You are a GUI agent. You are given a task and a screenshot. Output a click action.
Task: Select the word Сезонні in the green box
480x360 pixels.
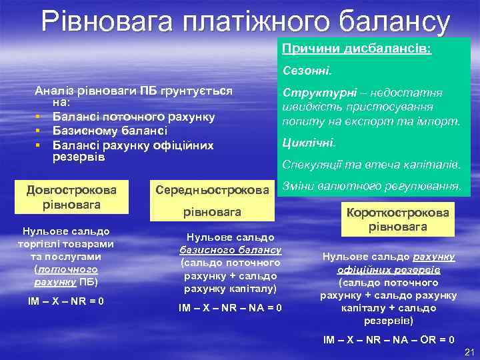pos(311,69)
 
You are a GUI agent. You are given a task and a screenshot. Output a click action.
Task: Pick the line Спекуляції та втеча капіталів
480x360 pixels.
pos(371,165)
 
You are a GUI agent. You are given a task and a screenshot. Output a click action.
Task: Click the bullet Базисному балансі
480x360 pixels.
pos(109,131)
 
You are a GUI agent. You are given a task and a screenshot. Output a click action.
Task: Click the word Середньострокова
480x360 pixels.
pos(211,190)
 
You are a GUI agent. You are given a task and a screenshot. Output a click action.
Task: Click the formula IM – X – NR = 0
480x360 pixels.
pos(65,301)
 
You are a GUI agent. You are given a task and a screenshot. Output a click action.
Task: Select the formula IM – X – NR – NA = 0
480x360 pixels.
pos(230,307)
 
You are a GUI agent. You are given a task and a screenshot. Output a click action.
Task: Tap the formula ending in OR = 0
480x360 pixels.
pos(389,339)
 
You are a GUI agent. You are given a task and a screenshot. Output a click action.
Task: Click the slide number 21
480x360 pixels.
pos(467,351)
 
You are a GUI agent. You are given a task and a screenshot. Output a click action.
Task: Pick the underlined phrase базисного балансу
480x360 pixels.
pos(230,250)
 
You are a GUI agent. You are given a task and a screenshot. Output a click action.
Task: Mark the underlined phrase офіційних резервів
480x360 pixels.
pos(389,269)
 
